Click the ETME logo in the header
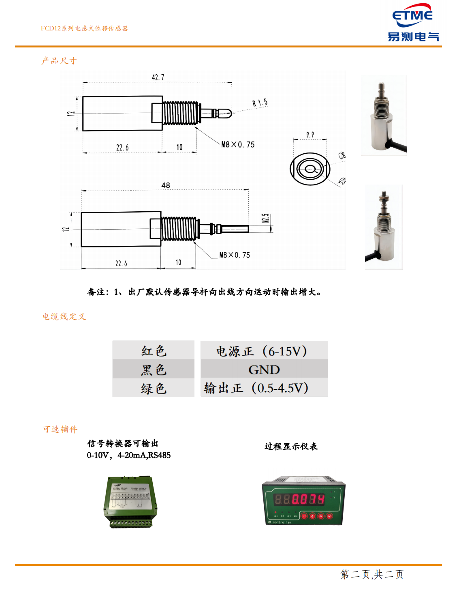[x=413, y=23]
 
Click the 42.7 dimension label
[x=158, y=77]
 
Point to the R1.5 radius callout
[x=260, y=103]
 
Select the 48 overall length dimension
[x=166, y=185]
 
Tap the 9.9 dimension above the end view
[x=310, y=135]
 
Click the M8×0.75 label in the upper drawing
[x=238, y=145]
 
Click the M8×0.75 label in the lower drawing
[x=235, y=255]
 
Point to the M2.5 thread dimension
[x=265, y=218]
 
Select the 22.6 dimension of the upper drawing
[x=122, y=148]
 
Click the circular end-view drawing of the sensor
[x=310, y=169]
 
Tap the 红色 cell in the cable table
[x=154, y=351]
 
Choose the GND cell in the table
[x=264, y=369]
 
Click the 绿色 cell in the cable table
[x=154, y=389]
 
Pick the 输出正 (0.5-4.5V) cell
[x=256, y=388]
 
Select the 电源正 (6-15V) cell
[x=261, y=351]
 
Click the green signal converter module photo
[x=130, y=502]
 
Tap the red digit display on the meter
[x=300, y=499]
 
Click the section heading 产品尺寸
[x=59, y=61]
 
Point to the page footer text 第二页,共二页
[x=371, y=574]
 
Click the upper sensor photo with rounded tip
[x=384, y=116]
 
